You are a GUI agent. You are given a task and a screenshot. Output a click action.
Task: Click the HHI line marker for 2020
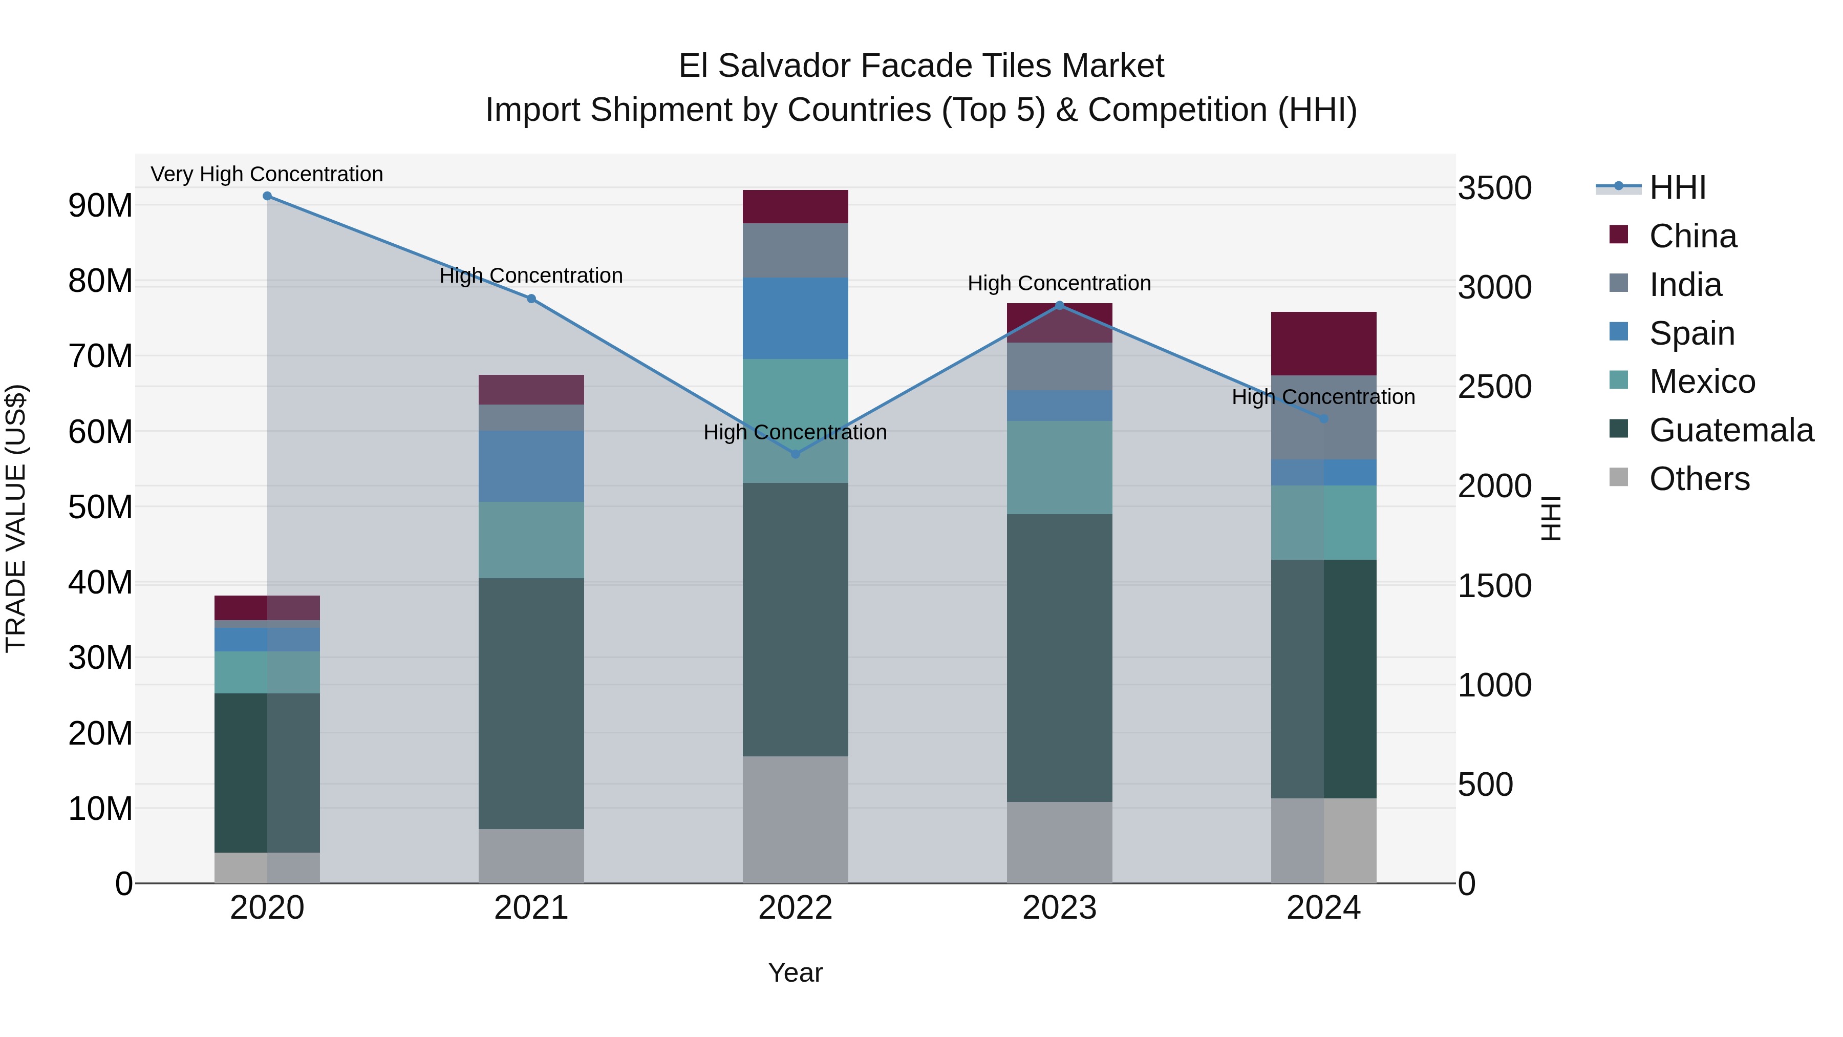267,196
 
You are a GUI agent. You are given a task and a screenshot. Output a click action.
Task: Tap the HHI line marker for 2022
795,454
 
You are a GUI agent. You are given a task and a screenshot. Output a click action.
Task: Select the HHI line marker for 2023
1060,306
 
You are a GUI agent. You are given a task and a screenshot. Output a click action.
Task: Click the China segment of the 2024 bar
1323,344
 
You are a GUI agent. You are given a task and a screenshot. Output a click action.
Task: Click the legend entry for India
1684,285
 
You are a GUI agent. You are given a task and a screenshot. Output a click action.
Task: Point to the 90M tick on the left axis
100,205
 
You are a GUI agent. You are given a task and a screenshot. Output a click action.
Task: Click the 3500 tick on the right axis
1494,188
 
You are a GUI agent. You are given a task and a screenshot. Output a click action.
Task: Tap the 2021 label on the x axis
531,908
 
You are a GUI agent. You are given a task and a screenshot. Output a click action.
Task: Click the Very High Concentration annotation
267,174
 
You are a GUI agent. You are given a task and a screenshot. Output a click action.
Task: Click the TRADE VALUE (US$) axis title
16,518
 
